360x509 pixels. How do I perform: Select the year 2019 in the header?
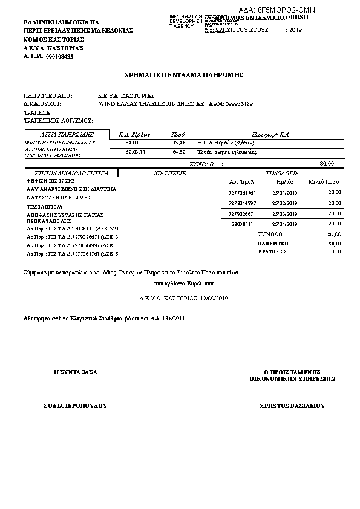[296, 30]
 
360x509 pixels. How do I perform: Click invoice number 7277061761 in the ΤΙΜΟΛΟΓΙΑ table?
[243, 192]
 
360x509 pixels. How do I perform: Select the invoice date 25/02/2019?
[285, 203]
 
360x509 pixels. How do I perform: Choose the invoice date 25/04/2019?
[285, 224]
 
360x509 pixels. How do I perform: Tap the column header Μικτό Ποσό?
[324, 181]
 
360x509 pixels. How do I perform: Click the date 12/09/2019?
[214, 298]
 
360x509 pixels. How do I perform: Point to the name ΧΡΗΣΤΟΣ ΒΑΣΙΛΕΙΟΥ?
[292, 406]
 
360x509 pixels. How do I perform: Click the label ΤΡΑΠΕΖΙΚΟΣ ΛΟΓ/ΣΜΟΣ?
[57, 120]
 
